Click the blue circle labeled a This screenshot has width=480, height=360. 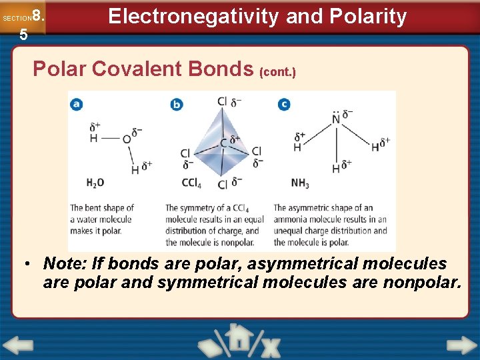click(77, 103)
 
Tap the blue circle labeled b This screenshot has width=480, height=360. click(177, 103)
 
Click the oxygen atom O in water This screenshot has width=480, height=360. click(127, 139)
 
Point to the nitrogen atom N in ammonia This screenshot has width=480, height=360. click(336, 120)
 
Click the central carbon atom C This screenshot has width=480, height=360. click(223, 143)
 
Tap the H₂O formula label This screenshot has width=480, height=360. click(95, 182)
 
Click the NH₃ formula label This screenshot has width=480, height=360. click(300, 182)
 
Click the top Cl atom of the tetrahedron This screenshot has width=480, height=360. click(222, 101)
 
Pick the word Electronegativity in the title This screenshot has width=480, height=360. click(193, 16)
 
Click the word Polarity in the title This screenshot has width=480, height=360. click(373, 16)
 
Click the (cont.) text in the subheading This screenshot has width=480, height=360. click(277, 70)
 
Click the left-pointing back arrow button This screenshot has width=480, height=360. click(17, 346)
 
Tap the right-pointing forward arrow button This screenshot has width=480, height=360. click(461, 346)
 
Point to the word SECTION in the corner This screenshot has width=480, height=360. click(17, 18)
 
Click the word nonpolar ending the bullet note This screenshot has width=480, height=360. click(421, 282)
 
